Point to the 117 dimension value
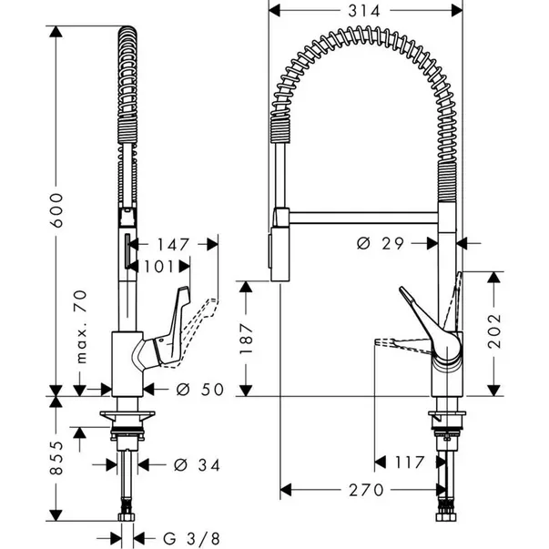[408, 462]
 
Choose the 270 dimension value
[364, 490]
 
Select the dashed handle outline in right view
[401, 344]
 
